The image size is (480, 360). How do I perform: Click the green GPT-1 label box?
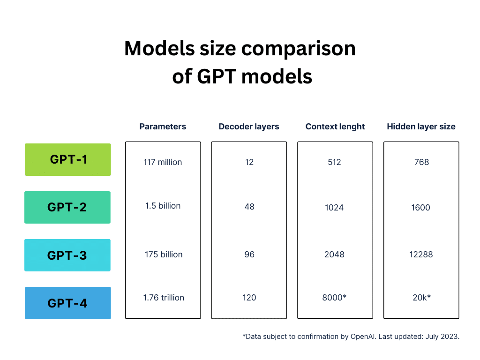coord(67,159)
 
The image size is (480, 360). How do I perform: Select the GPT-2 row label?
coord(67,207)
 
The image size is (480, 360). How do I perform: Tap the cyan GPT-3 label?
coord(67,255)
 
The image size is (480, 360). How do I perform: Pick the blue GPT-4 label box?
coord(67,303)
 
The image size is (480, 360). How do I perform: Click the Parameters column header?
coord(163,127)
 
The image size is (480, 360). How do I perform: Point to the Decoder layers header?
coord(249,127)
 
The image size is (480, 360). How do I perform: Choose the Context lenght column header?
coord(335,127)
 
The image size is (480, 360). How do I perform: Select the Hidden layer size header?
coord(421,127)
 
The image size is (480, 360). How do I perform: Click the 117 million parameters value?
coord(163,162)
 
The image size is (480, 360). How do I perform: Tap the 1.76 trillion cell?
coord(164,298)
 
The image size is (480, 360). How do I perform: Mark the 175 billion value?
coord(164,255)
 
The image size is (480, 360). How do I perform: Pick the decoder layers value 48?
coord(249,207)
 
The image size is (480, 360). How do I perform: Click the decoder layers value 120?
coord(249,298)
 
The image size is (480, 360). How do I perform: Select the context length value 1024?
coord(334,208)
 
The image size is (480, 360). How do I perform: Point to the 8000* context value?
coord(334,297)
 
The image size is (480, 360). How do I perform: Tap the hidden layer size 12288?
coord(421,255)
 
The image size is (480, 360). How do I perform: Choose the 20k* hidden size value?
coord(421,297)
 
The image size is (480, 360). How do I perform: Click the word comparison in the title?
coord(299,49)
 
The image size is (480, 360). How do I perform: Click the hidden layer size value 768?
coord(421,162)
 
